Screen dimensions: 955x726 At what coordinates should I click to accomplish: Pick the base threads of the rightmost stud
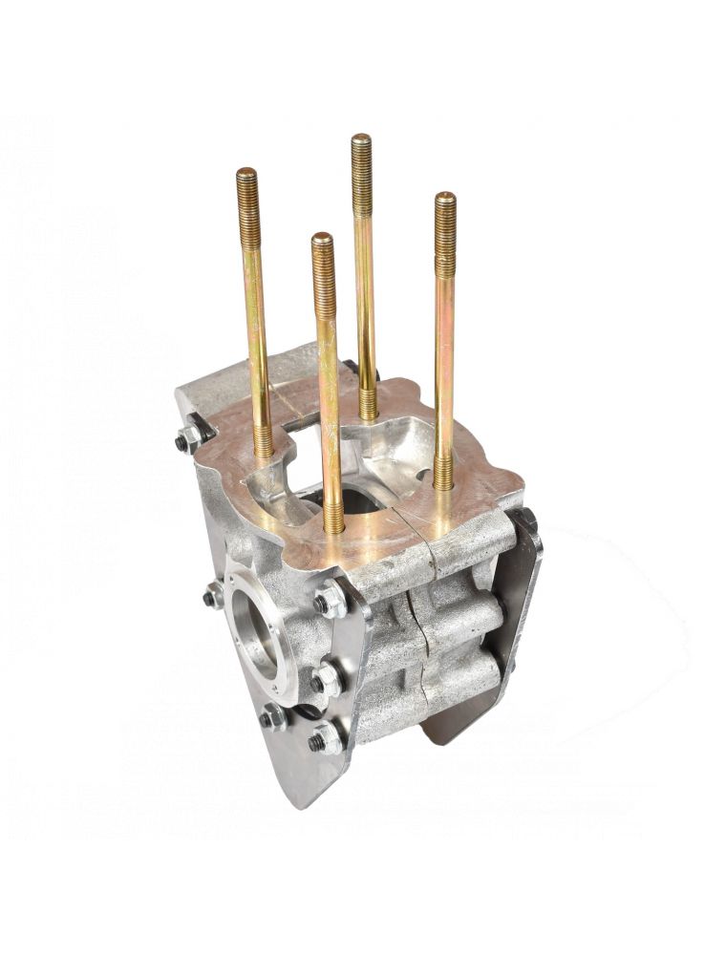(443, 473)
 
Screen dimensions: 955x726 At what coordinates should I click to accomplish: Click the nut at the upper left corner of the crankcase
(188, 439)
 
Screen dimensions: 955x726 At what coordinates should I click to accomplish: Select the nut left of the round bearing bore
(213, 598)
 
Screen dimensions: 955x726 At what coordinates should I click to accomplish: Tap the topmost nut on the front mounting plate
(330, 600)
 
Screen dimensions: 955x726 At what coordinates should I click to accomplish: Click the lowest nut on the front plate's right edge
(326, 737)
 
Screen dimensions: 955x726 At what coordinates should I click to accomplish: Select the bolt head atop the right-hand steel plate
(524, 520)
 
